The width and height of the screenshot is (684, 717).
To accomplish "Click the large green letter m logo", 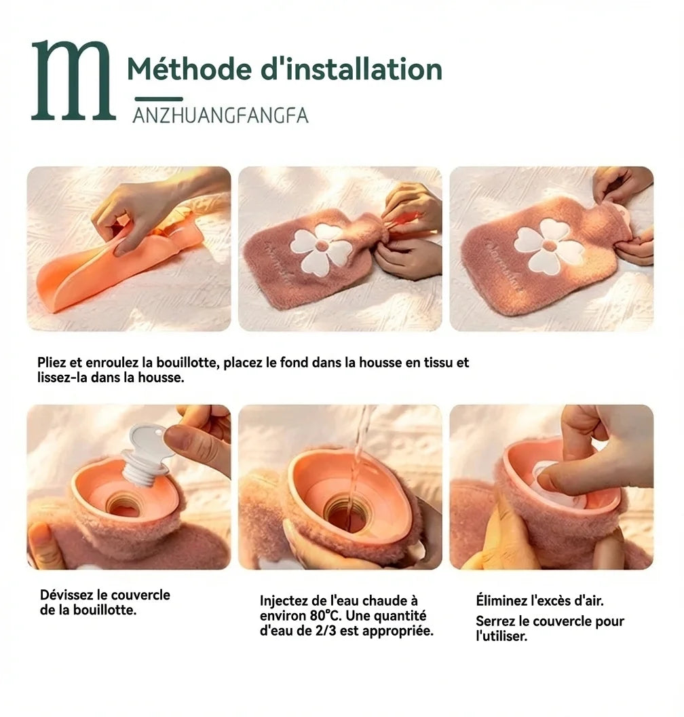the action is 73,81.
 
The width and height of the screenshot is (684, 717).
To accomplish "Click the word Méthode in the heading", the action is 189,69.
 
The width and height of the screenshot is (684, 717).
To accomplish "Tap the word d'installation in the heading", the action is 351,69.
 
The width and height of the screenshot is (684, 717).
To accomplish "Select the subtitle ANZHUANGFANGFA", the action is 221,115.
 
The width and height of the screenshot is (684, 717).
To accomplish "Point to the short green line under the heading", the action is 159,98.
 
